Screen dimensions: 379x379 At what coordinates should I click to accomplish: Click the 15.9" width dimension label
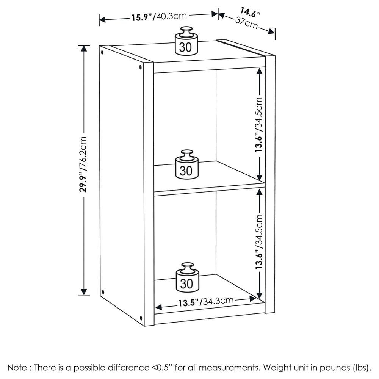pos(159,16)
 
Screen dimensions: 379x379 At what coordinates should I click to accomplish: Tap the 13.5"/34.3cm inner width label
pos(205,302)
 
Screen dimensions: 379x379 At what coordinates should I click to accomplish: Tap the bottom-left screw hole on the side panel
pos(103,292)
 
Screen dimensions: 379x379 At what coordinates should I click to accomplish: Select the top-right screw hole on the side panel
pos(141,68)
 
